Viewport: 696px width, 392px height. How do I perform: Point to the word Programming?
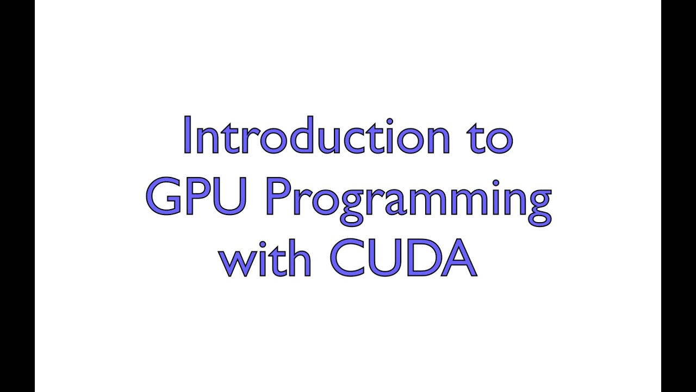click(x=408, y=199)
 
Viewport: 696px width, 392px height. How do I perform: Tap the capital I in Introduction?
click(x=188, y=134)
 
